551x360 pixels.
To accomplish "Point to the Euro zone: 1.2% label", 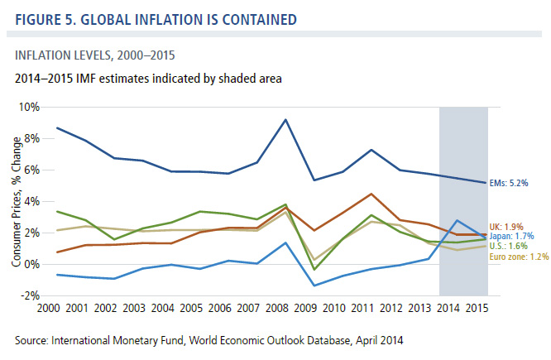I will (x=519, y=257).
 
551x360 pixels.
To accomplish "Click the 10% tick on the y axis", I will (x=29, y=107).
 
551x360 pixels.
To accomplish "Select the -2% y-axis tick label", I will (x=30, y=295).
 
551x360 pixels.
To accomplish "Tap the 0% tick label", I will (x=32, y=264).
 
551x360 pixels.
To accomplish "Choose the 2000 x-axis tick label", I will (x=48, y=309).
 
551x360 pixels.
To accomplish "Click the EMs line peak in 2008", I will (x=285, y=120).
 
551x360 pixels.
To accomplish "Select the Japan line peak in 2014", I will (x=458, y=220).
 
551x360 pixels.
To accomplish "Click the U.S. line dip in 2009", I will (x=314, y=269).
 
